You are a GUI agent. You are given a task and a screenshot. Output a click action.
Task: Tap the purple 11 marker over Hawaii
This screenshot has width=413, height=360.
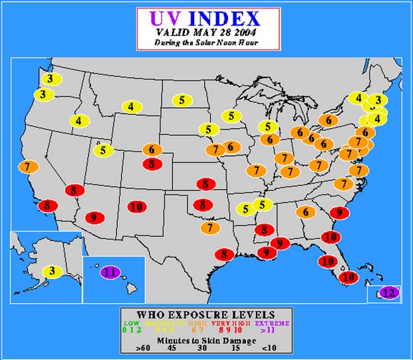coord(110,272)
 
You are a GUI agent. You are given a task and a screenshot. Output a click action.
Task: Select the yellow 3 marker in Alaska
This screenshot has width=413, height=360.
coord(53,271)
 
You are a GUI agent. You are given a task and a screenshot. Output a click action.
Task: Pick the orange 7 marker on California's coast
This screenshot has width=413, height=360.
coord(28,167)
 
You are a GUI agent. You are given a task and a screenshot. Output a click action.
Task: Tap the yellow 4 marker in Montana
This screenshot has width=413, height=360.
coord(131,107)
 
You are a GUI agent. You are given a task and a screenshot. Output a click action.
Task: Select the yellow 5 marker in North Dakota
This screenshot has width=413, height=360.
coord(182,100)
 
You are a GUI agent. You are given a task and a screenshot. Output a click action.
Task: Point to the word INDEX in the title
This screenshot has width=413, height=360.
coord(224,17)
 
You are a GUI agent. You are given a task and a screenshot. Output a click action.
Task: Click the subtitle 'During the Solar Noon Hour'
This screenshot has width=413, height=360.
coord(205,43)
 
